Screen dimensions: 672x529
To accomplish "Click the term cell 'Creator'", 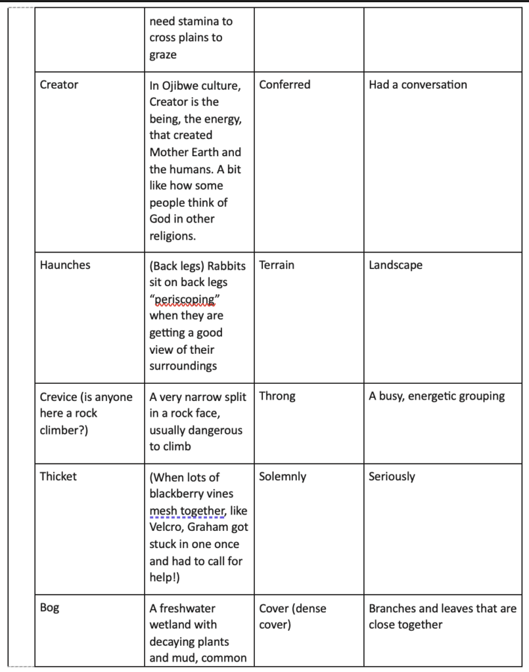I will (59, 85).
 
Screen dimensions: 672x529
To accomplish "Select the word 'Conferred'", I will (285, 85).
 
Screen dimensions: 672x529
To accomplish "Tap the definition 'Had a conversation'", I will (418, 85).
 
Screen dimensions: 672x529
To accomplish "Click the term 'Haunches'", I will (65, 265).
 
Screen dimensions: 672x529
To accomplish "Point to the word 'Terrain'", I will (277, 265).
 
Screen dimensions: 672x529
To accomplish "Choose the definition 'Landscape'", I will (396, 265).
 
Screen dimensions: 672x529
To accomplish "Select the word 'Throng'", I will (277, 396).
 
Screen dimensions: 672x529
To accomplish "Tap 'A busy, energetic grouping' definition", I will (437, 396).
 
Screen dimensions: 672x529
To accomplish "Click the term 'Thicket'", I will (58, 476).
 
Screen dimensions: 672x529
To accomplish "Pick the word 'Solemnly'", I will (283, 476).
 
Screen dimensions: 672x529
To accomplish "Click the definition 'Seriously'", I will (392, 476).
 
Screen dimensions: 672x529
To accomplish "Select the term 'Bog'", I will (49, 608).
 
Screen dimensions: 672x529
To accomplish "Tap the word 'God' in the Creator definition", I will (161, 219).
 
